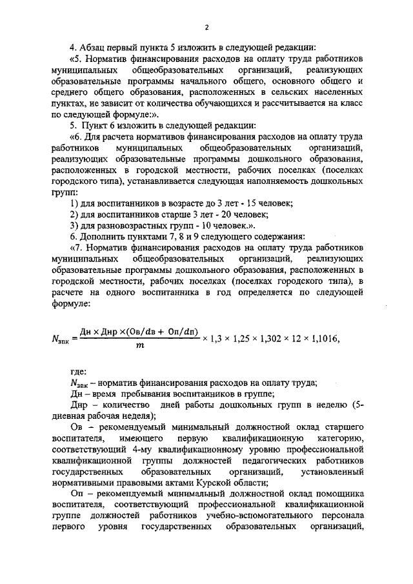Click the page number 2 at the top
pyautogui.click(x=206, y=27)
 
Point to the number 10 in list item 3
pyautogui.click(x=207, y=225)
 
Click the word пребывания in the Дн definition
pyautogui.click(x=133, y=394)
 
